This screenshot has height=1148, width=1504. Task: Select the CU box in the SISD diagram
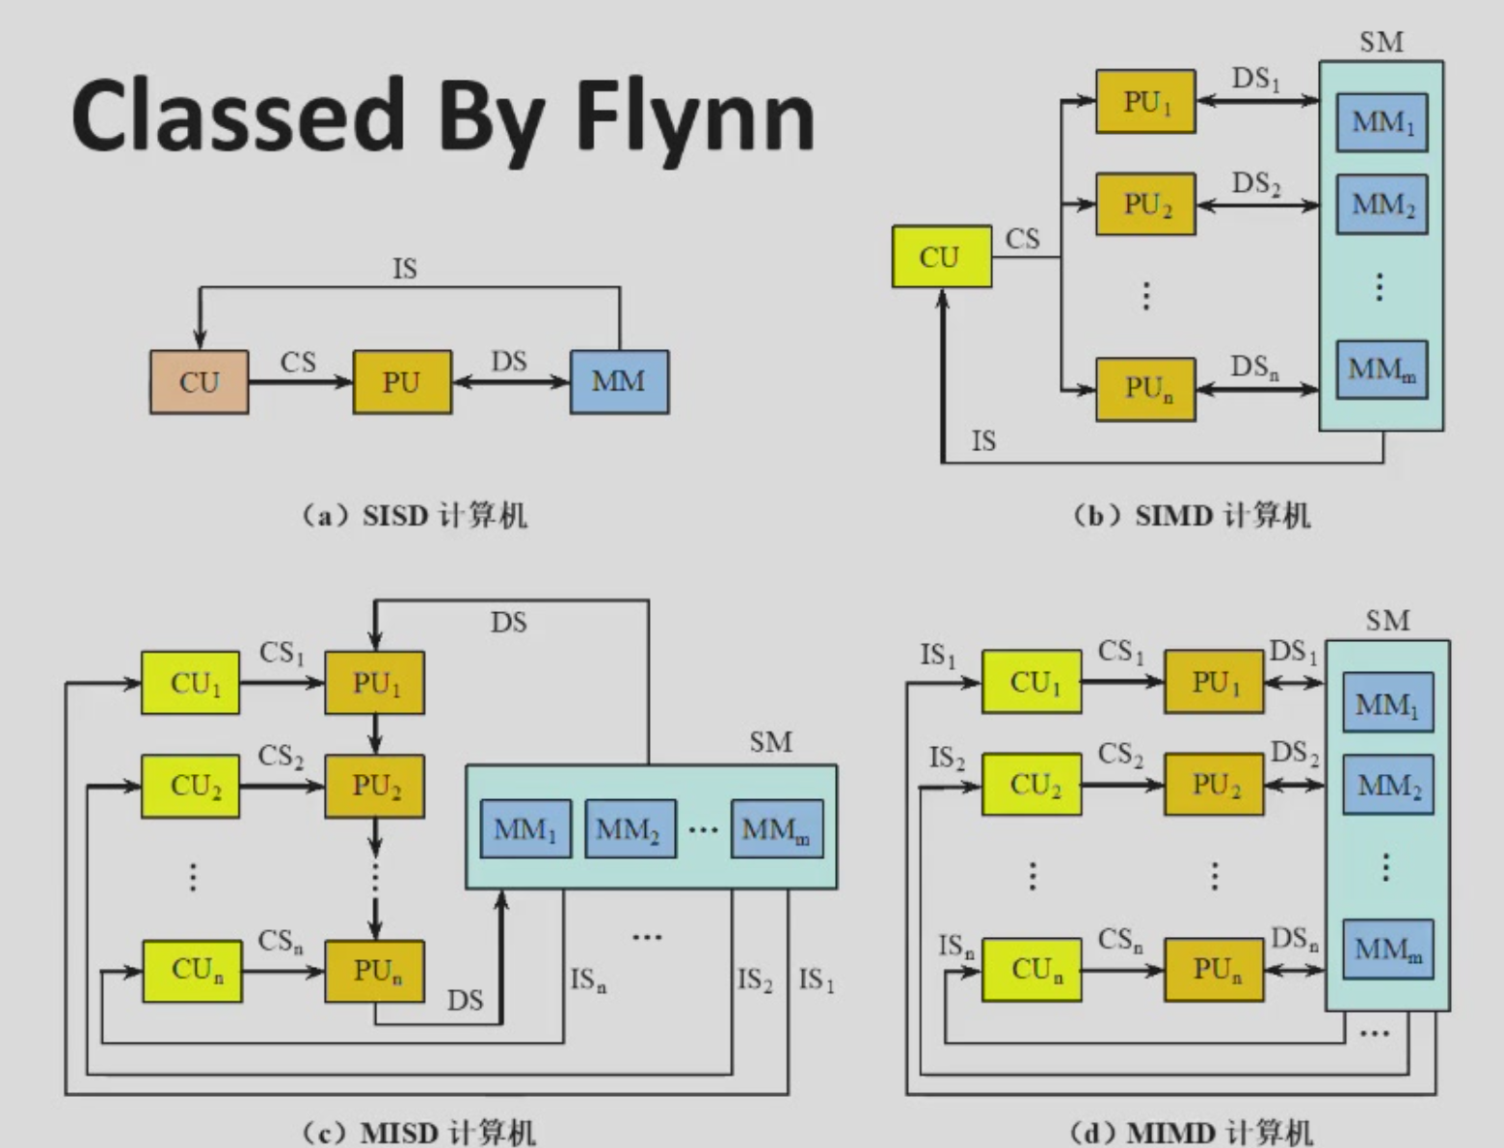(x=199, y=382)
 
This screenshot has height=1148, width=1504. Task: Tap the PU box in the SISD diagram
(x=401, y=382)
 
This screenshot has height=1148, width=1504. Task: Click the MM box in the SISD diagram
(x=619, y=382)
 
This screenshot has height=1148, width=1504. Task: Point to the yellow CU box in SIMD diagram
(x=941, y=256)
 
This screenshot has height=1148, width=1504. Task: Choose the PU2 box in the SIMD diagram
(x=1145, y=204)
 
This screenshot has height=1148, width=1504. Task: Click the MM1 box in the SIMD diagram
(x=1382, y=122)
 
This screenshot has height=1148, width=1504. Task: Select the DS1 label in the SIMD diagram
(x=1255, y=79)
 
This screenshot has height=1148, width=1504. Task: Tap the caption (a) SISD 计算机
(x=415, y=516)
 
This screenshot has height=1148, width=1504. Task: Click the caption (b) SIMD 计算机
(x=1192, y=516)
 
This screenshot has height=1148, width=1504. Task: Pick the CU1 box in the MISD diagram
(x=191, y=683)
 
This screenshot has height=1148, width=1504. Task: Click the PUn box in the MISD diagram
(x=375, y=971)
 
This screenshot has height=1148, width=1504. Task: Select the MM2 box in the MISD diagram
(x=630, y=829)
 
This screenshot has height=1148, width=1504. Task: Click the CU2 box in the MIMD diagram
(x=1032, y=785)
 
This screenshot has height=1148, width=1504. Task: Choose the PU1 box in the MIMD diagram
(x=1214, y=682)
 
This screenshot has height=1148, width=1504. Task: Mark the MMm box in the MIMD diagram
(x=1387, y=950)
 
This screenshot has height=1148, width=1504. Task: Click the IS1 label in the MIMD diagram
(x=937, y=656)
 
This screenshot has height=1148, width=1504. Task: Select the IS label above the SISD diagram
(x=405, y=269)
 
